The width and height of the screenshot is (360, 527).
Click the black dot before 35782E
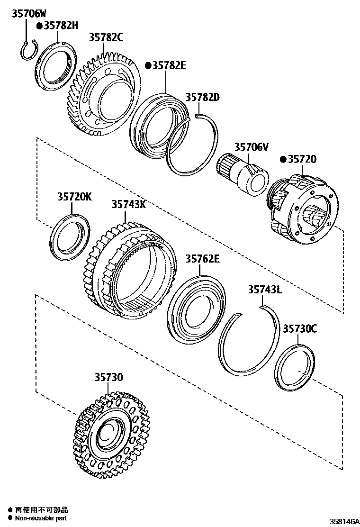(x=148, y=65)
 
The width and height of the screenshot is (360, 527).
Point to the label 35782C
(x=106, y=37)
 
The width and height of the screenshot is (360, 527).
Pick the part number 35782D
(x=203, y=97)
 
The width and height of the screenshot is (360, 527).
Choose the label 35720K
(x=75, y=197)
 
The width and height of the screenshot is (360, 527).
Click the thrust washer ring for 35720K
(x=70, y=237)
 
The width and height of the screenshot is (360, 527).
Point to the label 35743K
(x=129, y=204)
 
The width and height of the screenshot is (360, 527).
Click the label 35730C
(x=300, y=328)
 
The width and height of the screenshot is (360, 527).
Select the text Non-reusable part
(x=41, y=518)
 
